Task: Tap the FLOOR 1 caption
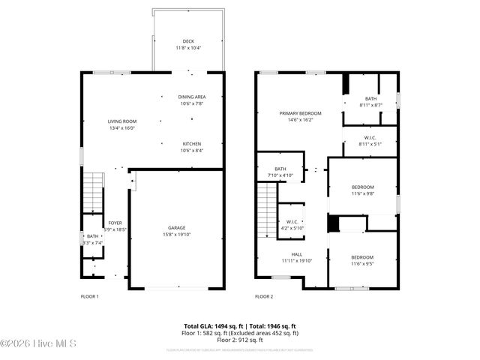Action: pos(89,297)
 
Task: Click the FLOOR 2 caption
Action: pos(263,297)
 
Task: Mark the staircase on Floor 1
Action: pos(91,191)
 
